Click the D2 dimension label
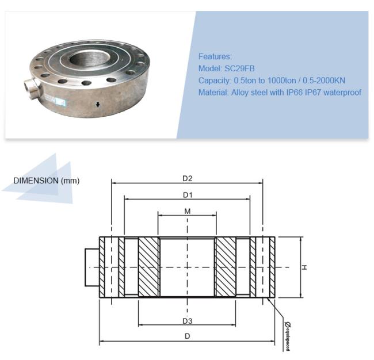coord(187,178)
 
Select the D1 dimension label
coord(187,195)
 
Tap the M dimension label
coord(187,211)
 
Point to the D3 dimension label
coord(187,321)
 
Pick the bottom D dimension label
coord(187,336)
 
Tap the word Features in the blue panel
coord(215,56)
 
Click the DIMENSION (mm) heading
coord(46,181)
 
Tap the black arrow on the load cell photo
coord(98,105)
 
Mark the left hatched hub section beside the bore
coord(148,267)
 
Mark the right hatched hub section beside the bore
coord(225,267)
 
